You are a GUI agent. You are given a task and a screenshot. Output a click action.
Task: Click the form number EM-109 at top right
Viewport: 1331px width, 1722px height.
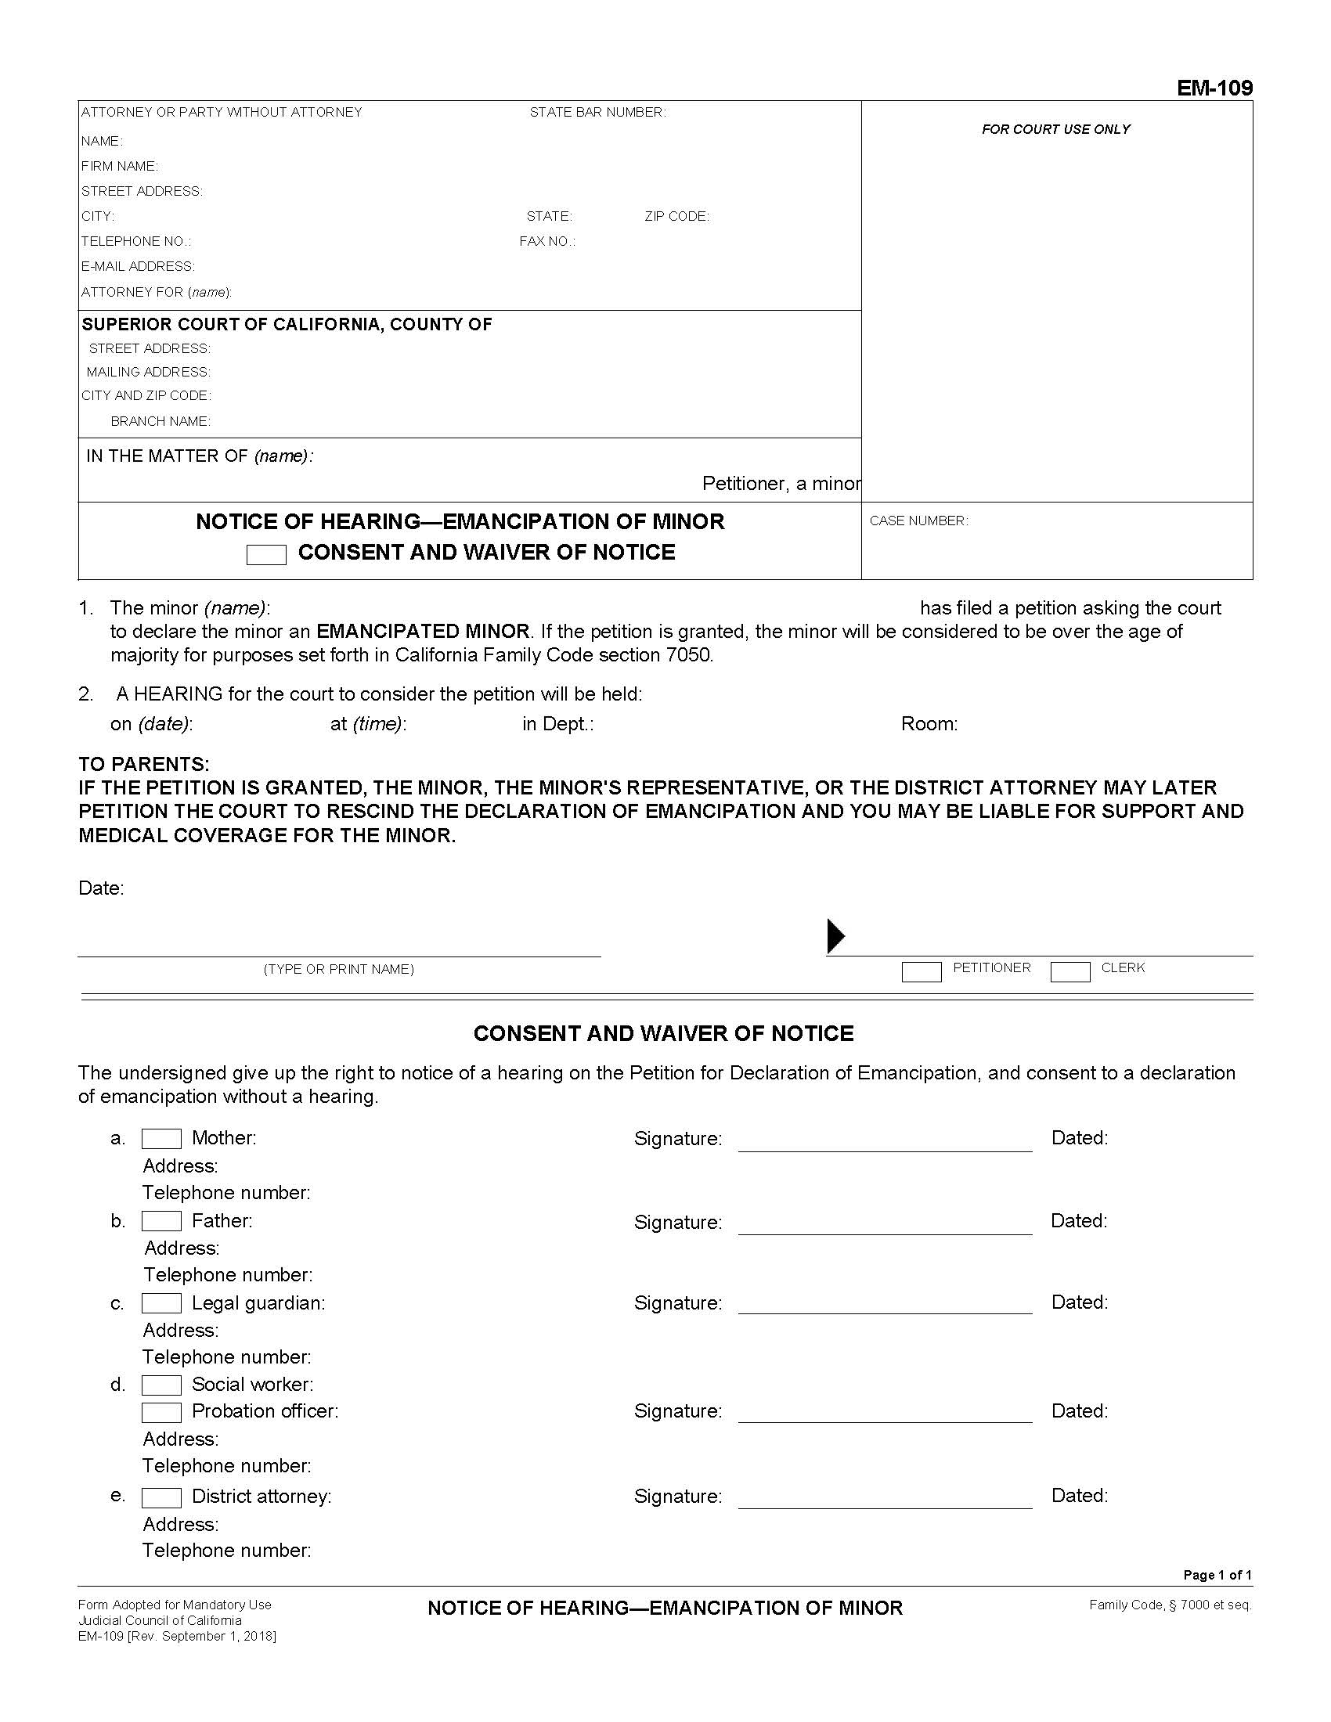[x=1214, y=88]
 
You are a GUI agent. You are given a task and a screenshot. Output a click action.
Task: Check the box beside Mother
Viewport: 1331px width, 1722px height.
[x=161, y=1139]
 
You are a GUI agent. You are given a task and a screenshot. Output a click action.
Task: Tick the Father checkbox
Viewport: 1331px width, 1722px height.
[x=161, y=1221]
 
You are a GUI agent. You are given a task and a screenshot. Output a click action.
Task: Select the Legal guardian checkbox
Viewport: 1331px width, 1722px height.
[x=161, y=1303]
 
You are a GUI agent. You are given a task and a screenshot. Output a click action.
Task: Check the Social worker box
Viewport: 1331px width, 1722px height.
[x=161, y=1385]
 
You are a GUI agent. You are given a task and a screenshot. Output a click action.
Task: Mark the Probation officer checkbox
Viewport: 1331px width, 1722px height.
[x=161, y=1412]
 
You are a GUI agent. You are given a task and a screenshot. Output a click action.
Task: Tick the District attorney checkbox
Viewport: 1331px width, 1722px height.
[x=161, y=1497]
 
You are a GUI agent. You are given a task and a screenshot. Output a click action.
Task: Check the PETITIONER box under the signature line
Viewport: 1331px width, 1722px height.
[x=921, y=972]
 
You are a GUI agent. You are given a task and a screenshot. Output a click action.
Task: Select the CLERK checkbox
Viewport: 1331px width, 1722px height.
[x=1070, y=972]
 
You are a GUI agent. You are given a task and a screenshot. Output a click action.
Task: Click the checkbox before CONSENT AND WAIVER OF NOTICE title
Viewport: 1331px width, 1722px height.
[x=265, y=555]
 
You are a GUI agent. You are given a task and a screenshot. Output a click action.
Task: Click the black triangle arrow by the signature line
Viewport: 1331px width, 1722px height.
[x=836, y=936]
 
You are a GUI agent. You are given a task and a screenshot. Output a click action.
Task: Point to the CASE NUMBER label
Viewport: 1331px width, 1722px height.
[x=918, y=521]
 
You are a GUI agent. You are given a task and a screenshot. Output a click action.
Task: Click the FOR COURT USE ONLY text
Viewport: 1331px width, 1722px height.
[x=1055, y=129]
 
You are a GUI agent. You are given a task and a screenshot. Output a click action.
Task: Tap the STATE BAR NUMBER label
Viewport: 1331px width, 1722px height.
[x=597, y=113]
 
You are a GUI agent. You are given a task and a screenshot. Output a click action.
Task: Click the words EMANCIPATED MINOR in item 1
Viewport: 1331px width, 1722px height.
[x=423, y=632]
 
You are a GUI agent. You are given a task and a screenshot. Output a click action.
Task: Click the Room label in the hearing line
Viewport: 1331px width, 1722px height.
[x=929, y=724]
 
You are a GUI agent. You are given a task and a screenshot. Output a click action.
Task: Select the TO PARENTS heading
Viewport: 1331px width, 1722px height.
[x=143, y=764]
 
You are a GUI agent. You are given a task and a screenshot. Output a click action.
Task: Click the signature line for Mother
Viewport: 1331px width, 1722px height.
[x=885, y=1144]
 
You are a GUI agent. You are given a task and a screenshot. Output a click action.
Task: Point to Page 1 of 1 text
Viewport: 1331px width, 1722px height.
[x=1217, y=1576]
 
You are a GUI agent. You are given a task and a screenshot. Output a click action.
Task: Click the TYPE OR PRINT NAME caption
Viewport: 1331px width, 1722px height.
[x=338, y=969]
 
